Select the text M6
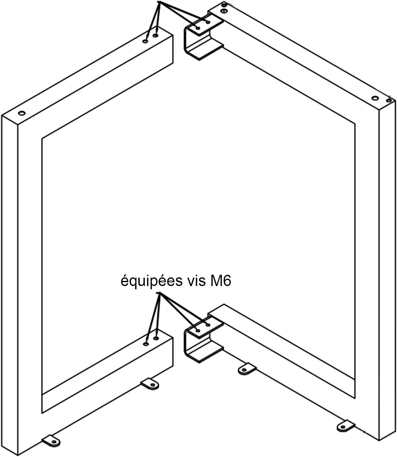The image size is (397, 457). point(220,281)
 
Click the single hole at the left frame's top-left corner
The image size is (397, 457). point(22,113)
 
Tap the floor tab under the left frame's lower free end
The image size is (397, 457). point(150,384)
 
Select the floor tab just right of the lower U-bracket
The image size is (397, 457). point(247,369)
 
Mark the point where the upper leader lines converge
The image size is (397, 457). point(159,2)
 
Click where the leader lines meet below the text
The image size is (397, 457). point(159,292)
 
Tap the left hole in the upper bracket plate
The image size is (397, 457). point(198,28)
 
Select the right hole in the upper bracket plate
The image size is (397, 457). point(208,22)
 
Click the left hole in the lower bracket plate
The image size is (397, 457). point(198,331)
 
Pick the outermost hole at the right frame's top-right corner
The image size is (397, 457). point(389,100)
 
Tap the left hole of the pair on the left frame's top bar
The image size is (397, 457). point(145,41)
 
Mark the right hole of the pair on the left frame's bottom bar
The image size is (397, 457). point(156,338)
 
